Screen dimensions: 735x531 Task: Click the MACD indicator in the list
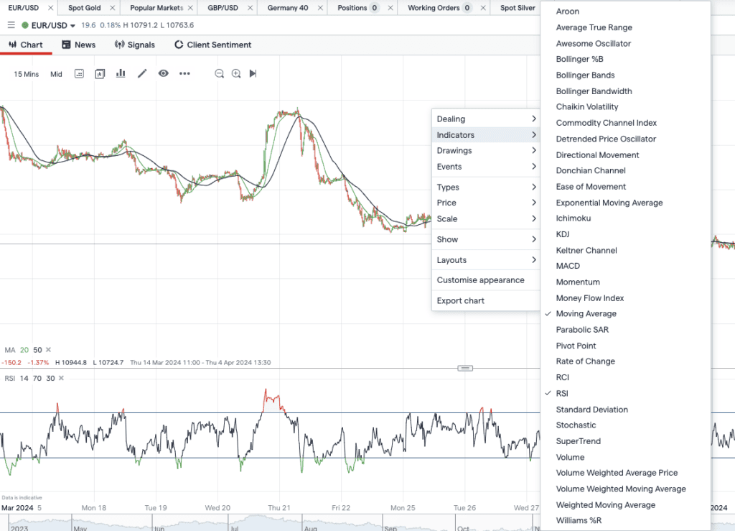568,266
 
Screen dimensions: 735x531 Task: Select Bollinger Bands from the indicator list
585,75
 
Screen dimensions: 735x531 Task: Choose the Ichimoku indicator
574,218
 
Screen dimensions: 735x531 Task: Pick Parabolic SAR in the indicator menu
582,330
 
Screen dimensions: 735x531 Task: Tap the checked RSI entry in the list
562,394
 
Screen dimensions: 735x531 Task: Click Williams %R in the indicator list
579,521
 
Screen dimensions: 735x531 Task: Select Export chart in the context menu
460,300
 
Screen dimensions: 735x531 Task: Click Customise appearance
480,280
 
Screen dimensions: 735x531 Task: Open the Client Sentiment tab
212,45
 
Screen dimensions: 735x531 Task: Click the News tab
79,45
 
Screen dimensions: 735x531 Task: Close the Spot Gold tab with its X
113,8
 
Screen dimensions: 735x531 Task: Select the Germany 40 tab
288,8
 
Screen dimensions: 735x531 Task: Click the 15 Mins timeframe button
27,74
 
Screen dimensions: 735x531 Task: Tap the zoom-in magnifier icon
236,73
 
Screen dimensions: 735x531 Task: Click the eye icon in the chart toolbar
163,73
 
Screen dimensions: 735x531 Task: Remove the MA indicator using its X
48,350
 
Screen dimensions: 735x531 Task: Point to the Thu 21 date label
279,508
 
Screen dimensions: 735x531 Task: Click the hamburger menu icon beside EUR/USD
11,25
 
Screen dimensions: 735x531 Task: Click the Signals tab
134,45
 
